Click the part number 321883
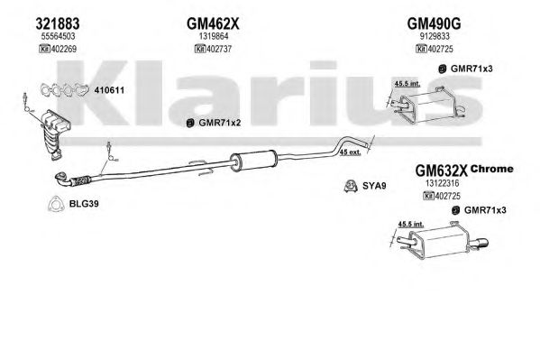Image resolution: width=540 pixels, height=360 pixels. [58, 23]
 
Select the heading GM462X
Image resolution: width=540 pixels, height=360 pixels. [213, 23]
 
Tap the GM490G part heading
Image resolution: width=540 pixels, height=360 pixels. [434, 23]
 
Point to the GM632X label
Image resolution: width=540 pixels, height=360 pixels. [441, 171]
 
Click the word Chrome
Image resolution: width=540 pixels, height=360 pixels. [492, 169]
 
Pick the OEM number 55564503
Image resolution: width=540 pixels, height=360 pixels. [59, 36]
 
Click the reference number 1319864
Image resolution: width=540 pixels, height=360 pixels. [214, 36]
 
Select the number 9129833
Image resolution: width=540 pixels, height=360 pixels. [435, 36]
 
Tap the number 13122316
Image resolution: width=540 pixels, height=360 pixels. [443, 183]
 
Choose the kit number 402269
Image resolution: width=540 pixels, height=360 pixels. [64, 49]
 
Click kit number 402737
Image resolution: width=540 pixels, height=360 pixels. [219, 49]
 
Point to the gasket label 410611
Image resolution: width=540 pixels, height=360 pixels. [109, 90]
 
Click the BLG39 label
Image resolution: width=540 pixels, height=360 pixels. [84, 203]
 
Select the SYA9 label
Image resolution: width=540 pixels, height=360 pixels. [374, 186]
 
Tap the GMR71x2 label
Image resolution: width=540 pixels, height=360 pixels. [220, 123]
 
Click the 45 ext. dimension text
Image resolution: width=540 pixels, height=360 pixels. [350, 152]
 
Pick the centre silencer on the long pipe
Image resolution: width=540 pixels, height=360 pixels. [253, 161]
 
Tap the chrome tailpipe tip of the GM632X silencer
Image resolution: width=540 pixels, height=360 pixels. [481, 244]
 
